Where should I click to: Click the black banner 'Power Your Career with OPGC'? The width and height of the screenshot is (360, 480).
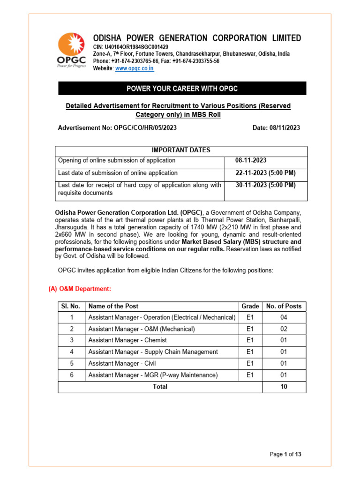click(182, 89)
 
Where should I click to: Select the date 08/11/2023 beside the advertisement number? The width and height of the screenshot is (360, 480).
click(283, 127)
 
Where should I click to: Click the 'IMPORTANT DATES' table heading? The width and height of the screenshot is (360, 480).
click(181, 150)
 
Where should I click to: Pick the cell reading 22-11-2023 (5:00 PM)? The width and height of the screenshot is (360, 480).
click(265, 173)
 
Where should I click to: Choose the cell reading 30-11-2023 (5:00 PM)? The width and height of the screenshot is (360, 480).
click(265, 185)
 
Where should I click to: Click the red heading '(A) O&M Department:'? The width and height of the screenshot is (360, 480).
click(80, 289)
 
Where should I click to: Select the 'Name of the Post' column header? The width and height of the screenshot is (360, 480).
click(113, 307)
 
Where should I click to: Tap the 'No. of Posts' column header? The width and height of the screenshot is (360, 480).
click(284, 307)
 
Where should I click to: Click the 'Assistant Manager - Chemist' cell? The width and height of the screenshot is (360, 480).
click(127, 340)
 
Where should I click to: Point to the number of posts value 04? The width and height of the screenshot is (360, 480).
click(284, 318)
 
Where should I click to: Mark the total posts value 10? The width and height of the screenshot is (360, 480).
click(284, 387)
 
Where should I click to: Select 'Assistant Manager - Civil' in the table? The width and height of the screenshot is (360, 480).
click(122, 363)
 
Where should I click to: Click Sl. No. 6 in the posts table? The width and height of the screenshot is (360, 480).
click(72, 375)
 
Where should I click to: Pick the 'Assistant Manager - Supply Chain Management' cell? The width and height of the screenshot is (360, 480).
click(153, 352)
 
